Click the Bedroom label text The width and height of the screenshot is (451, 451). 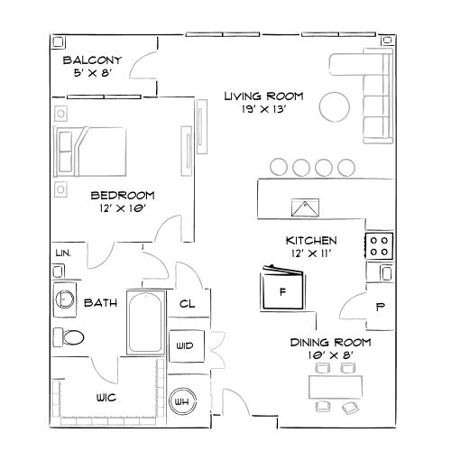[123, 195]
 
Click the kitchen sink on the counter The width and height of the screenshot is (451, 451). [307, 207]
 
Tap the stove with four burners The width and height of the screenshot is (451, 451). [379, 244]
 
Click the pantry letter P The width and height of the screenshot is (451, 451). [380, 307]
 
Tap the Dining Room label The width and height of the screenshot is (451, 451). [329, 343]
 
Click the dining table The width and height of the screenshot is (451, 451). [337, 386]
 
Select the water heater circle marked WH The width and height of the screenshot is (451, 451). [182, 401]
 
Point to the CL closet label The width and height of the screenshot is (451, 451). [189, 305]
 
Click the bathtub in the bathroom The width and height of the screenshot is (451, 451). [145, 323]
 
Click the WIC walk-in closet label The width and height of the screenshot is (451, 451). [110, 398]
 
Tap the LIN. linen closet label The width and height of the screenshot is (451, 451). [64, 253]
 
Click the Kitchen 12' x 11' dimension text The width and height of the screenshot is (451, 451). [310, 254]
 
